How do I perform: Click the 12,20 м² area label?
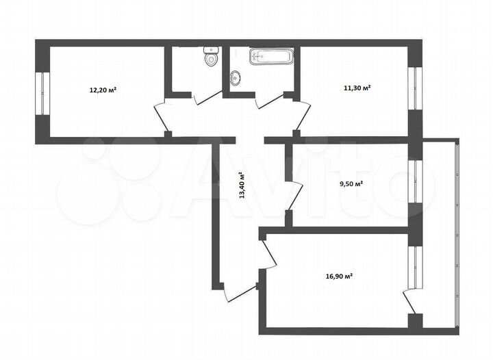tap(103, 90)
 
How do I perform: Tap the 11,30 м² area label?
tap(357, 88)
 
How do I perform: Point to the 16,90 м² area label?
tap(339, 277)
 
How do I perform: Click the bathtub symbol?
tap(272, 56)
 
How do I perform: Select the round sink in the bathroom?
tap(236, 77)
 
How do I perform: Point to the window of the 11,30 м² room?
tap(414, 88)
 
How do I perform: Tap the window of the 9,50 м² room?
tap(414, 181)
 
